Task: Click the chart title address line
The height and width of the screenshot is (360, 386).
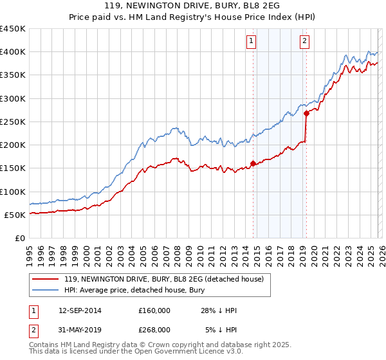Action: click(193, 6)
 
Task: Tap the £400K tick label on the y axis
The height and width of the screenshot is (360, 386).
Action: click(12, 52)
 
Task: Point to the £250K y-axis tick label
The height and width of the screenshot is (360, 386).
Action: click(12, 122)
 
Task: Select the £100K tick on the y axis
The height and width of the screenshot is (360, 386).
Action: click(12, 192)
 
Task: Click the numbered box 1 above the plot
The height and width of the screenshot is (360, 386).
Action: click(250, 42)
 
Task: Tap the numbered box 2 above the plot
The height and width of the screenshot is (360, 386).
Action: click(304, 42)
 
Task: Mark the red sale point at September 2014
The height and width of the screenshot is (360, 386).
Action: click(253, 163)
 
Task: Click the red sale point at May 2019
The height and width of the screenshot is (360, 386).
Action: click(306, 113)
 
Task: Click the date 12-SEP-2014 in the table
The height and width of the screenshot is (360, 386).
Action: click(80, 310)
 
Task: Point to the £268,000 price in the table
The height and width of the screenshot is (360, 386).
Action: click(154, 329)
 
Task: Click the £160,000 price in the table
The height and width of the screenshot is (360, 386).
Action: click(154, 310)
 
